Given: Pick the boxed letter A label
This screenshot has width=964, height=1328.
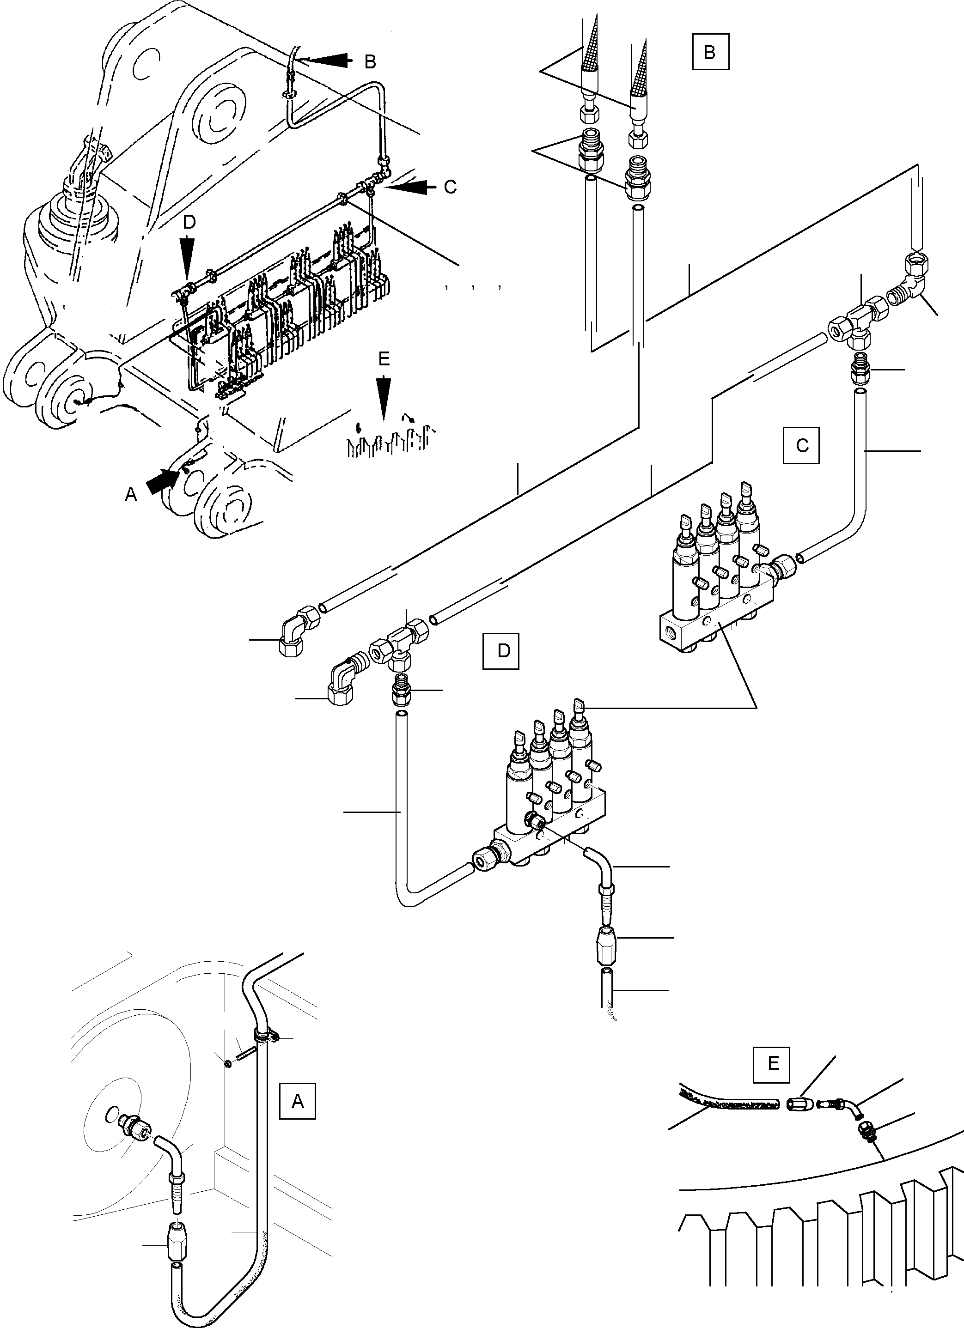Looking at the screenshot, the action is coord(298,1101).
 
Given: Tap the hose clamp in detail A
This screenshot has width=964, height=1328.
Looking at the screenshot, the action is coord(267,1036).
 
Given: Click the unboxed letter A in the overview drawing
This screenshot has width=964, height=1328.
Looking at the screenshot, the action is coord(131,495).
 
